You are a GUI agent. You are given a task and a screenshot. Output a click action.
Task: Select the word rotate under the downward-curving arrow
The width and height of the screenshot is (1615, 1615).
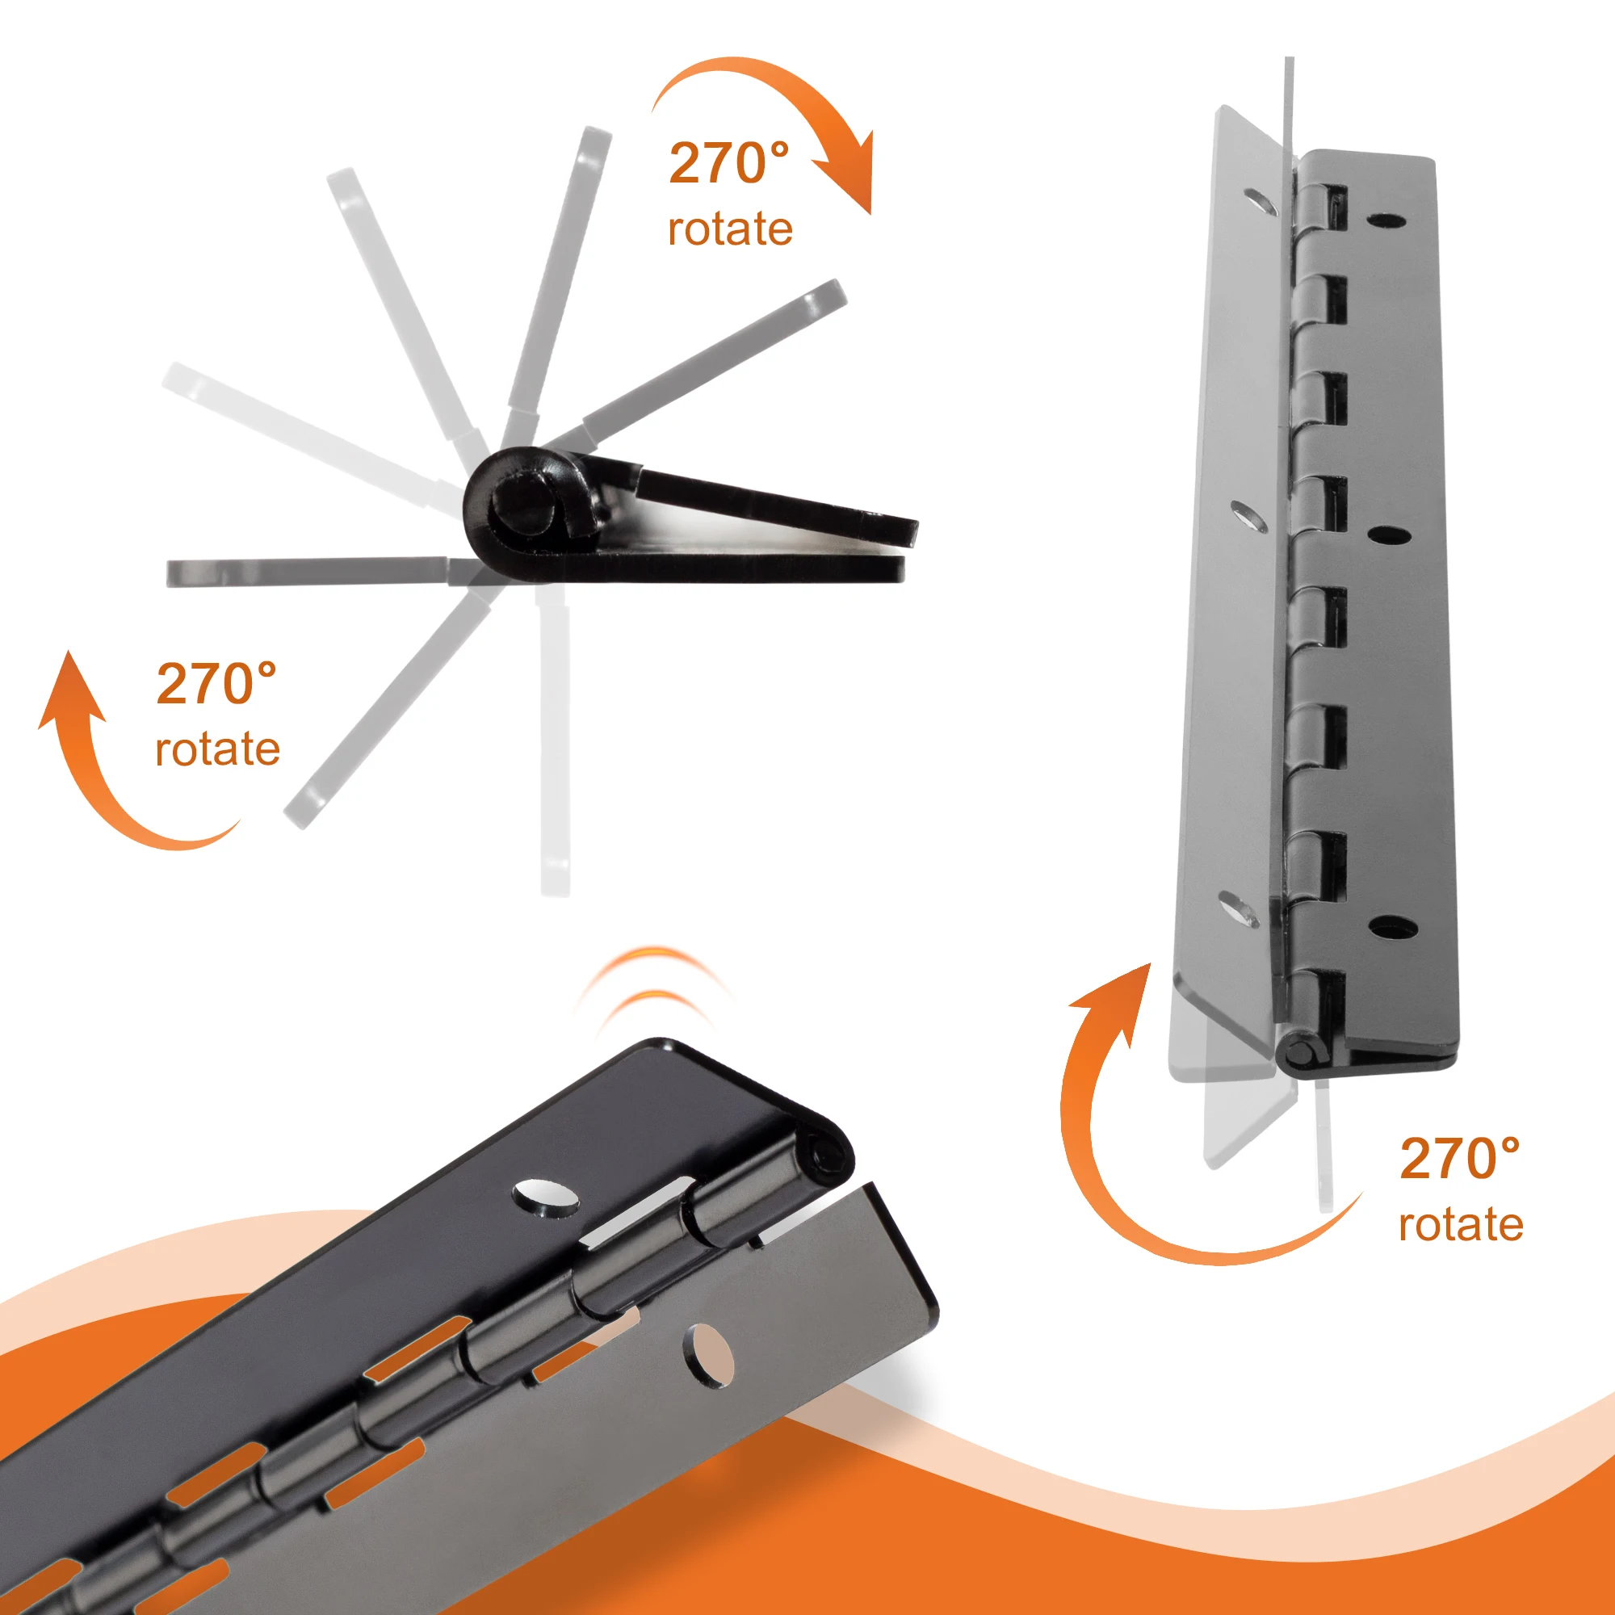point(730,229)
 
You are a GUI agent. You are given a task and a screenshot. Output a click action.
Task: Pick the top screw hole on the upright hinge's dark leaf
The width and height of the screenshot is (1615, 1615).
point(1385,220)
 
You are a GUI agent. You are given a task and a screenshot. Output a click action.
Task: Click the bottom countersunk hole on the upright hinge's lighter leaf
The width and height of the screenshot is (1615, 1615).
point(1239,909)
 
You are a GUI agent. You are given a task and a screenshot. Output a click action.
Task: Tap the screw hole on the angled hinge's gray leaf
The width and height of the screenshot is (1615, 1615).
point(710,1355)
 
